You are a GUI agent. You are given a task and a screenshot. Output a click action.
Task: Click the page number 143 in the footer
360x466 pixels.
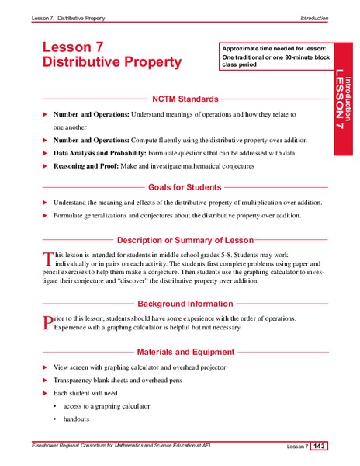pyautogui.click(x=320, y=446)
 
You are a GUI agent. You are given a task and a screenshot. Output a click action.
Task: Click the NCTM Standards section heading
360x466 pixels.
pyautogui.click(x=183, y=99)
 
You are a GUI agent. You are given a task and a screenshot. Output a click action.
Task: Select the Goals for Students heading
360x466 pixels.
pyautogui.click(x=185, y=187)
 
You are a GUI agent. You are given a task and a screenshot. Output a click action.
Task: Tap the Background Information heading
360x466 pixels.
pyautogui.click(x=185, y=304)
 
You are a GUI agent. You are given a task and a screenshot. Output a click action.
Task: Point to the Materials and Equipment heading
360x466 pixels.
pyautogui.click(x=185, y=352)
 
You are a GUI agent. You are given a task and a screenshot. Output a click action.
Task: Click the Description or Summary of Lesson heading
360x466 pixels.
pyautogui.click(x=185, y=240)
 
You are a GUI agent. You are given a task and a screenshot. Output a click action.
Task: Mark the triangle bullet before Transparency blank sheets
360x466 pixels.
pyautogui.click(x=44, y=381)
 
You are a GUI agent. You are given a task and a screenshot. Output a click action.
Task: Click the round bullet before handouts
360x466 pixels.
pyautogui.click(x=54, y=419)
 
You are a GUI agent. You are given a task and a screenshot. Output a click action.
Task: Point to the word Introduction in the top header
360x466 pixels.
pyautogui.click(x=314, y=18)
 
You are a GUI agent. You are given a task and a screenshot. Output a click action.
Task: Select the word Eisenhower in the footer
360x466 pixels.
pyautogui.click(x=47, y=445)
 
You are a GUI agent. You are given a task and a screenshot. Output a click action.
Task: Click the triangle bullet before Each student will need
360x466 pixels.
pyautogui.click(x=44, y=394)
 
